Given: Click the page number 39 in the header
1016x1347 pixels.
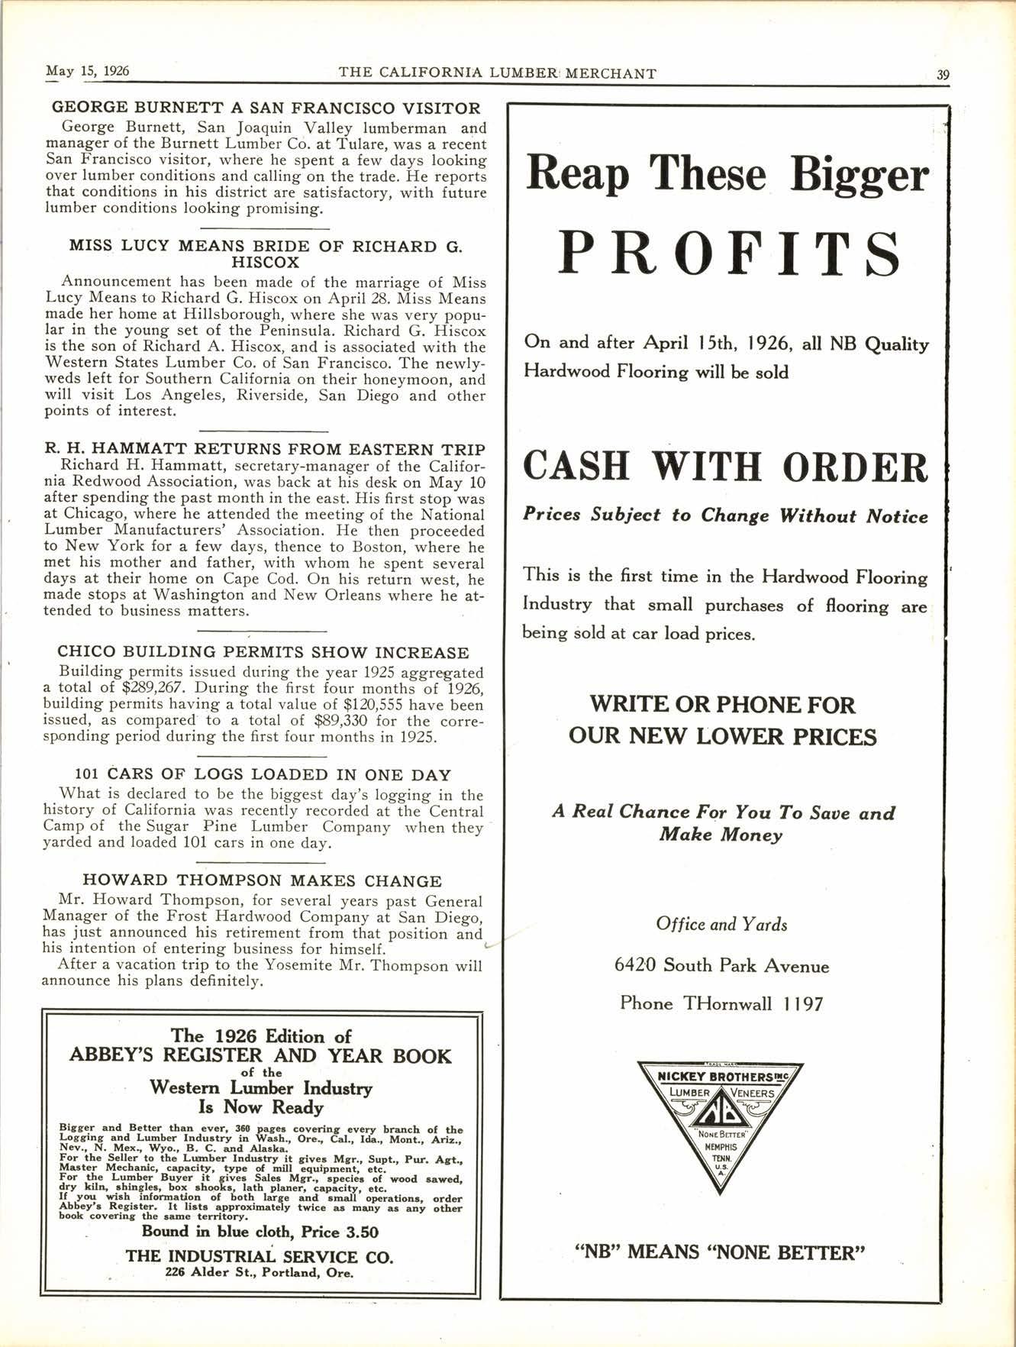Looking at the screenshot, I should click(943, 74).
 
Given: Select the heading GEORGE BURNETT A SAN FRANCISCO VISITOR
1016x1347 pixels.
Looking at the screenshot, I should click(266, 108).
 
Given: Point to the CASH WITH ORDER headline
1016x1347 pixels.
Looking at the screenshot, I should click(725, 466).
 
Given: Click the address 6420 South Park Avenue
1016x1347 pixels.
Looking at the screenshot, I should click(721, 966).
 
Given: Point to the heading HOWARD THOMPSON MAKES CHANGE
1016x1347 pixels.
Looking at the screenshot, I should click(262, 881).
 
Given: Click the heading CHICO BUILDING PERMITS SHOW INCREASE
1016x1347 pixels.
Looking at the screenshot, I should click(263, 653).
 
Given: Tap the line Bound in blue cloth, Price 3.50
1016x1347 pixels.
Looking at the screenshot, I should click(260, 1232).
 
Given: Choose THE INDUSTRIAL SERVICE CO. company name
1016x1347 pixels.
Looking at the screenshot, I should click(260, 1257).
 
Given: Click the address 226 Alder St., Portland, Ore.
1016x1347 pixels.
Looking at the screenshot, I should click(260, 1273).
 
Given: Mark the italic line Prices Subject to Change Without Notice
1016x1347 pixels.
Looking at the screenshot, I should click(725, 515).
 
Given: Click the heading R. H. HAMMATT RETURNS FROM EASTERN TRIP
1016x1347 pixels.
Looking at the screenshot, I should click(264, 450).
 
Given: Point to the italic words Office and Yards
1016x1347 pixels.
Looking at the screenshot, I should click(721, 925).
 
